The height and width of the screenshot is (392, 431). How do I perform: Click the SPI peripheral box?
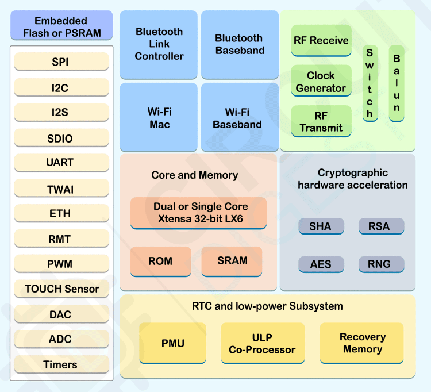coord(61,62)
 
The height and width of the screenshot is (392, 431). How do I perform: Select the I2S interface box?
coord(61,112)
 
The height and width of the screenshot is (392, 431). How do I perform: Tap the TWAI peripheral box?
coord(61,189)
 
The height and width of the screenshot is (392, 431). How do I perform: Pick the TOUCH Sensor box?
coord(61,289)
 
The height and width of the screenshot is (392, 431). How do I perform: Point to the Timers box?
coord(61,364)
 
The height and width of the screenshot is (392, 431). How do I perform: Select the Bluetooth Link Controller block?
coord(159,44)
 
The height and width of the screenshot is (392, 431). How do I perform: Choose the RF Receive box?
coord(321,40)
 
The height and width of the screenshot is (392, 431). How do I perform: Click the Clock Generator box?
coord(321,82)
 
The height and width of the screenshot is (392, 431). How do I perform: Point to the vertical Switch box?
coord(370,83)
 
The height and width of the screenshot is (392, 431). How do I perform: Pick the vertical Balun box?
coord(397,83)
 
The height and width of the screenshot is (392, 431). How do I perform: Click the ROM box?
coord(160,262)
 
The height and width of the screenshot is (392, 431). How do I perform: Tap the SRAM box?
coord(232,262)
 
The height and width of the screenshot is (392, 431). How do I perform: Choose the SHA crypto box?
coord(321,226)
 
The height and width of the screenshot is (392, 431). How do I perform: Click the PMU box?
coord(172,343)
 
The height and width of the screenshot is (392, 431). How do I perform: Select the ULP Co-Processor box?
coord(262,343)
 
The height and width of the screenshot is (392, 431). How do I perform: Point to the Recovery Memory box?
coord(362,343)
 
